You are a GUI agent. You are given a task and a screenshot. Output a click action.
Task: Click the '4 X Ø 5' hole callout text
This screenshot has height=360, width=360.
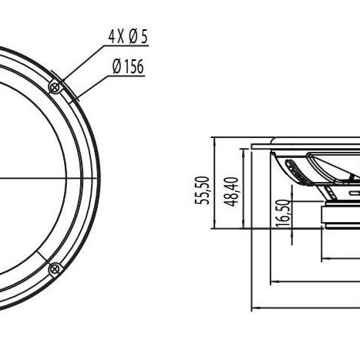127,37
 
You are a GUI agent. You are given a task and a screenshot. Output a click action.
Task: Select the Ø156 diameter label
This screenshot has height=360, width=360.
128,67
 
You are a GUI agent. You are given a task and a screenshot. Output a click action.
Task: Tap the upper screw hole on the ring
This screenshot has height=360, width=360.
55,87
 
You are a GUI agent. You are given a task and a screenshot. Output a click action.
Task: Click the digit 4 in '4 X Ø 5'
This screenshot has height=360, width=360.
111,37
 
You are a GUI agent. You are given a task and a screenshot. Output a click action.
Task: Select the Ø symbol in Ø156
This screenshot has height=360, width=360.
117,67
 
